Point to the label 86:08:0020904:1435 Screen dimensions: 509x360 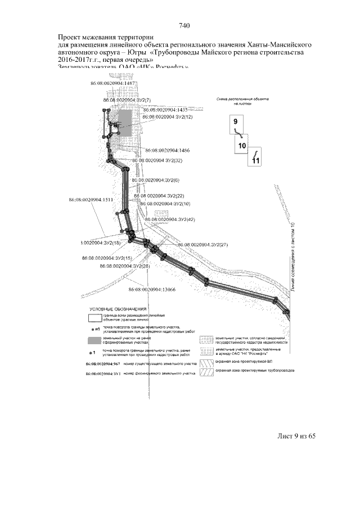click(169, 110)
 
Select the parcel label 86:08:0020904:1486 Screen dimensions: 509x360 click(167, 151)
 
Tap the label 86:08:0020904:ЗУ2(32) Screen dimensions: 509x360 click(160, 160)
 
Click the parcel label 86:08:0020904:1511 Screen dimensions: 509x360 click(91, 200)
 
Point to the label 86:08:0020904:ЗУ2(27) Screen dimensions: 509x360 click(202, 245)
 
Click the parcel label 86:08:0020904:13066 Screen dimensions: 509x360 click(152, 290)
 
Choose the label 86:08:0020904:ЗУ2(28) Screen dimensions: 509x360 click(125, 265)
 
